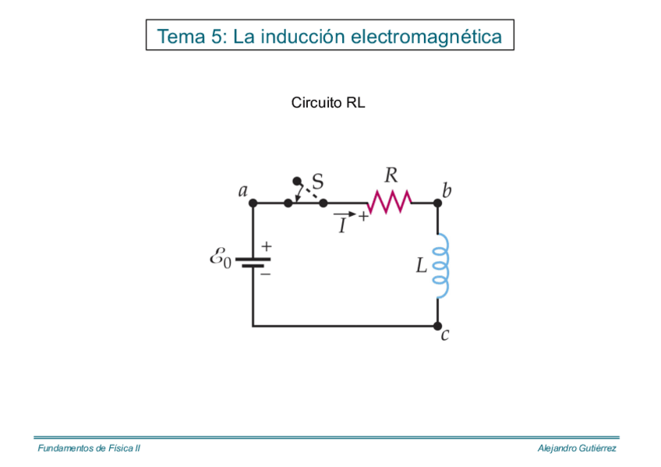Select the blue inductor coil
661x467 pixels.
[441, 266]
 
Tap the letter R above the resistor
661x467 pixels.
[391, 175]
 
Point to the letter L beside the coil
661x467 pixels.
[422, 267]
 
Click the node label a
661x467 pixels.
[243, 190]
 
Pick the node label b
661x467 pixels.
[446, 190]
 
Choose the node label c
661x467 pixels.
[445, 336]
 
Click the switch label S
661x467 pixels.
[317, 180]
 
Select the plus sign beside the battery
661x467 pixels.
[267, 246]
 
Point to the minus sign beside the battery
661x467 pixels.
[266, 274]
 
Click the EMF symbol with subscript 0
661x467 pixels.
[221, 258]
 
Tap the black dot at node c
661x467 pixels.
[437, 326]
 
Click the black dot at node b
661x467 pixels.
[437, 203]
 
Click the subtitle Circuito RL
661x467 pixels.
[328, 103]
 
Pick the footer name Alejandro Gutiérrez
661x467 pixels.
[577, 448]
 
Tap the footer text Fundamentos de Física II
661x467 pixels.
[89, 448]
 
